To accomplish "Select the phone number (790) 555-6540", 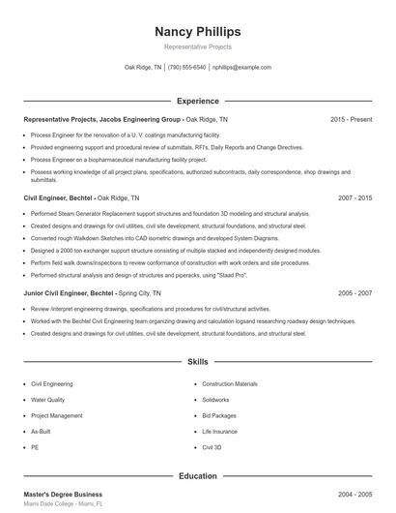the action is point(186,68).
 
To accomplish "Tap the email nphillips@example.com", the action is point(241,68).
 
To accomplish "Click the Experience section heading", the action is point(197,101).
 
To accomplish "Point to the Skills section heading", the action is point(197,362).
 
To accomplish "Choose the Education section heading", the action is point(197,475).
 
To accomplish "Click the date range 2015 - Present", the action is point(351,119).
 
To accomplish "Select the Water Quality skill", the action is point(48,399).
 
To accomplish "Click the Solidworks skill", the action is point(215,399).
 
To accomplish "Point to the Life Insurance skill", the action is point(219,432).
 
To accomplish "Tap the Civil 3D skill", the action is point(212,448).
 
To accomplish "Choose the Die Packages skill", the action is point(218,415).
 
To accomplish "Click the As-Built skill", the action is point(41,432).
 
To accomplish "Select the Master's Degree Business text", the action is point(63,495).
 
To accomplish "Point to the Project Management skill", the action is point(56,415).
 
